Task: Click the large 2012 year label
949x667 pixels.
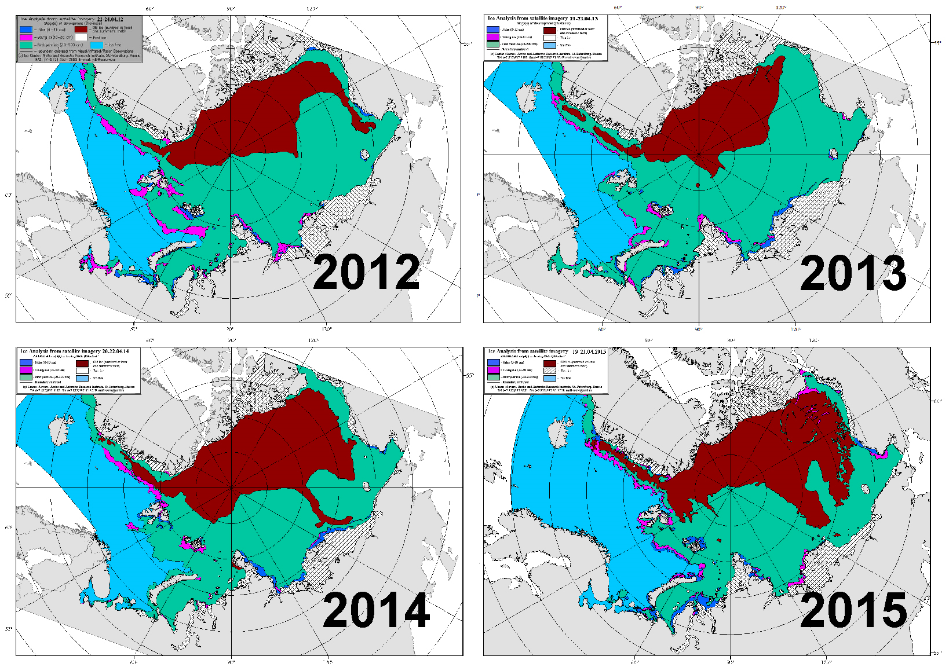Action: point(366,272)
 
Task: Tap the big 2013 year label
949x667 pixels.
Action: point(853,273)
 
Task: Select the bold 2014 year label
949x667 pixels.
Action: point(376,609)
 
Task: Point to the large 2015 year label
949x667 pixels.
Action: point(853,609)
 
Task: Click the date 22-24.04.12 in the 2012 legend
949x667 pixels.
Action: point(110,19)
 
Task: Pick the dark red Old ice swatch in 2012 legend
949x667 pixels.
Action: point(81,28)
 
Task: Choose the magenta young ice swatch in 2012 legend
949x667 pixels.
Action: point(25,36)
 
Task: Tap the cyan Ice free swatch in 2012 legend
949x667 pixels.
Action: point(96,45)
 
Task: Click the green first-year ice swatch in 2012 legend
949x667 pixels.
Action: point(25,45)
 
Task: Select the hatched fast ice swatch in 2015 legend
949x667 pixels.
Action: point(550,377)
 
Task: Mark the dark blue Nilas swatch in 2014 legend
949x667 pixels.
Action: point(25,362)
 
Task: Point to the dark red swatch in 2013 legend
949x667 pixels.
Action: point(550,30)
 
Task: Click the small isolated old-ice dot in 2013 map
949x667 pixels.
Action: point(698,185)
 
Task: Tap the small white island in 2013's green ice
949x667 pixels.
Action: point(834,154)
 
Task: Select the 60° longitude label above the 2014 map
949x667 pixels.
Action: point(150,340)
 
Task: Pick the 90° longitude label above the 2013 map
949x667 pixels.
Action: point(699,8)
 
